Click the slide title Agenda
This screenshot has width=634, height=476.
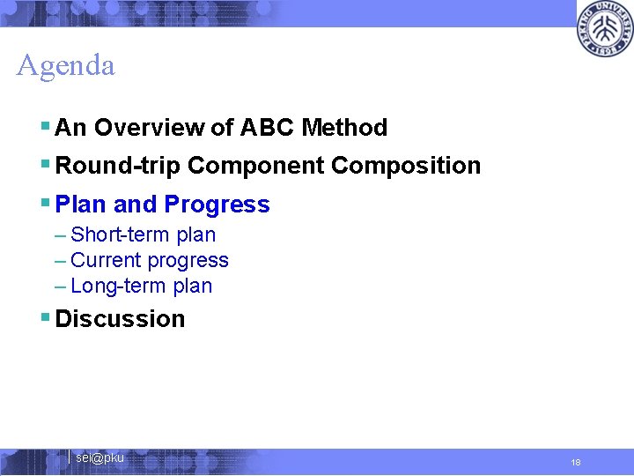(65, 66)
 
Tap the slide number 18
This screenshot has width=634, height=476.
(576, 463)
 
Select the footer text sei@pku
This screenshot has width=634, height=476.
(100, 457)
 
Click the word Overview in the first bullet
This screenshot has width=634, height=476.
(150, 128)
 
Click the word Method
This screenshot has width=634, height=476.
(344, 128)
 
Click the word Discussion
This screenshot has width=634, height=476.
(120, 319)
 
